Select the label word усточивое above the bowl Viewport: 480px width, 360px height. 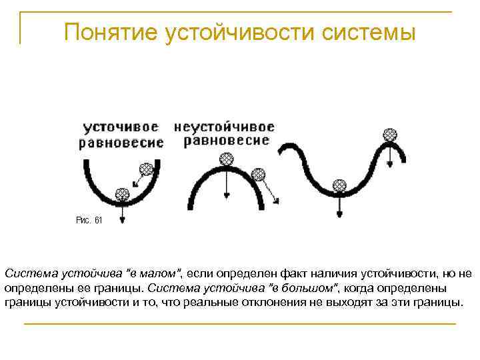tap(121, 127)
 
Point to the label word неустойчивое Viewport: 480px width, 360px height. tap(224, 127)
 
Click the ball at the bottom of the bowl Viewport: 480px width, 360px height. tap(122, 195)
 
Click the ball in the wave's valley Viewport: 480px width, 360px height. tap(339, 184)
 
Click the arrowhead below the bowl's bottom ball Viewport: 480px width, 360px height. tap(123, 220)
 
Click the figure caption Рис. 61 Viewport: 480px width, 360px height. tap(89, 219)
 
